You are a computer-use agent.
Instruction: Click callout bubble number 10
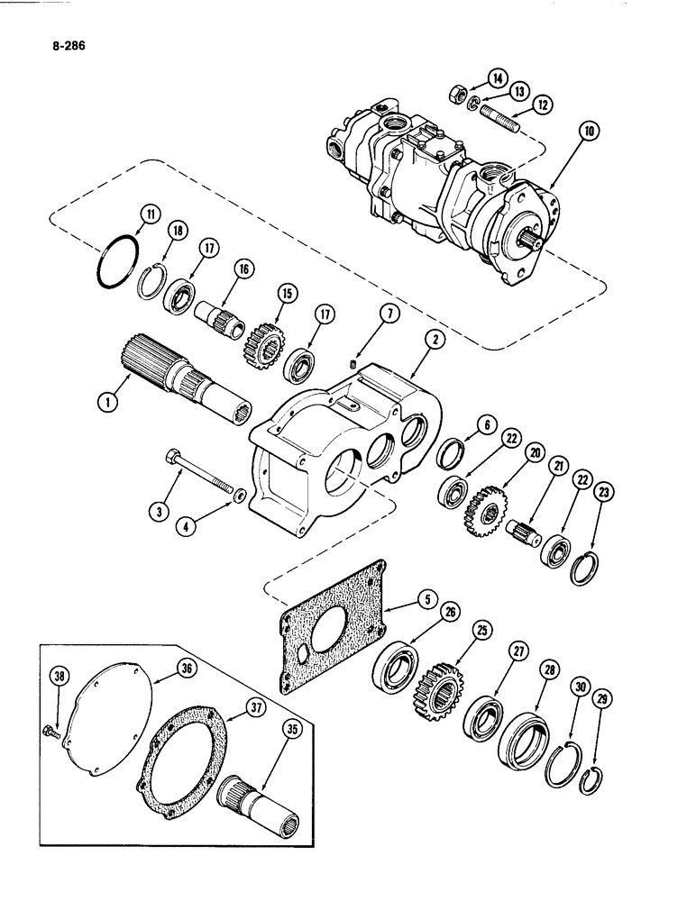589,132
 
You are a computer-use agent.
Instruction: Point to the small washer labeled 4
240,495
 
